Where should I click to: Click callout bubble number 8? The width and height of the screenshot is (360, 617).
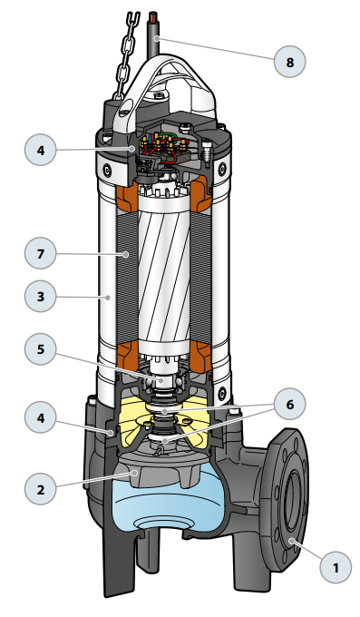click(289, 62)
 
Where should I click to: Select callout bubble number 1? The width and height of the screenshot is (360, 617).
click(336, 567)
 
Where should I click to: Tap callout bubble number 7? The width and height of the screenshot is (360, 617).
click(40, 253)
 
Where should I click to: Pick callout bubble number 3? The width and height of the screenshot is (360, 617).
click(40, 297)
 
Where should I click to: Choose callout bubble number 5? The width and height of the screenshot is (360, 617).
click(40, 349)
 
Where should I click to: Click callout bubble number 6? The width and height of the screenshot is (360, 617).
click(289, 404)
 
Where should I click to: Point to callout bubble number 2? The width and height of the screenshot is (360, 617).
click(40, 489)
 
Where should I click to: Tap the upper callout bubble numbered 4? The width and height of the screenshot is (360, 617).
click(40, 150)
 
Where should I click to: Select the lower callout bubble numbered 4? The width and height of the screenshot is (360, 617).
click(40, 417)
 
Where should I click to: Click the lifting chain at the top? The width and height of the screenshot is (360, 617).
click(126, 55)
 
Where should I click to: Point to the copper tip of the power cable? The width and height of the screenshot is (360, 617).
click(153, 17)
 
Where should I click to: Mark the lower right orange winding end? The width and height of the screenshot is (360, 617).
click(200, 356)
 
